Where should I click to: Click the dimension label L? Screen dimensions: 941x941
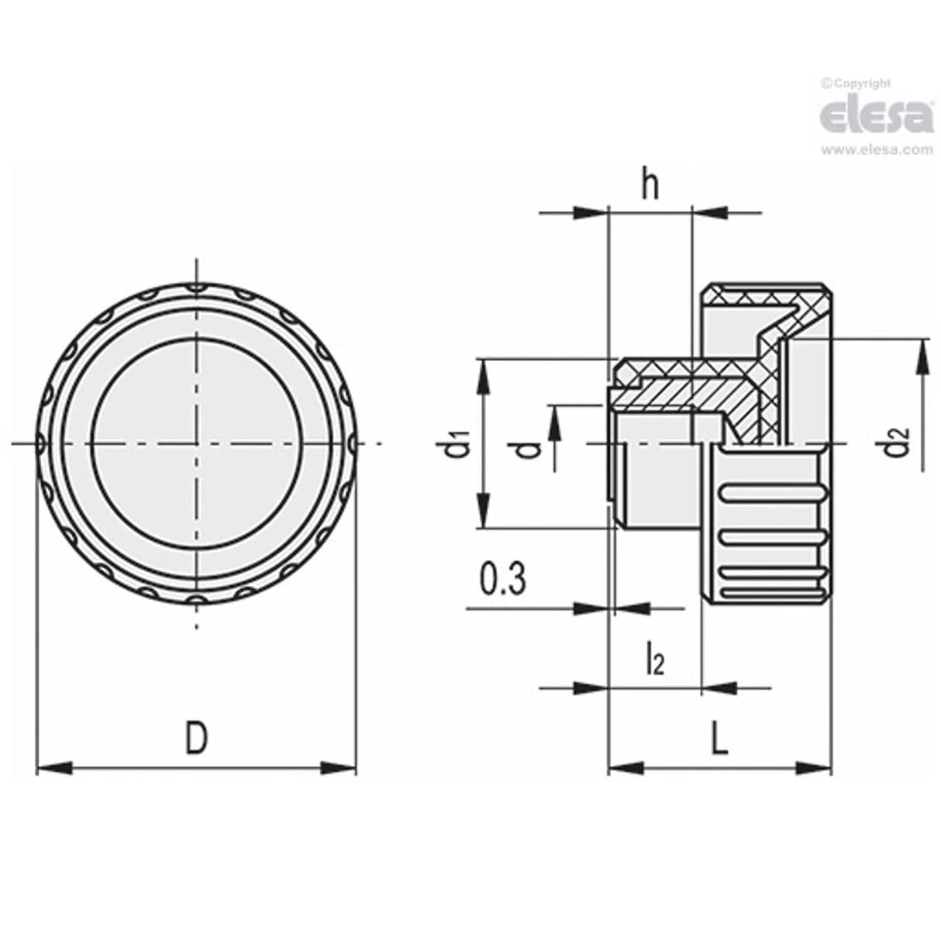coord(720,740)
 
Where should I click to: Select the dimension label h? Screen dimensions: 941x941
coord(650,185)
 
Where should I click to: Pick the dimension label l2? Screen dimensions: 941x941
coord(655,661)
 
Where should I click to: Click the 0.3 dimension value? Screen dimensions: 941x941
coord(502,581)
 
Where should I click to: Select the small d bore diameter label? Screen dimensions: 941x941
coord(529,448)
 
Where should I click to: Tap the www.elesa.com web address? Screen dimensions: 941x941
coord(877,150)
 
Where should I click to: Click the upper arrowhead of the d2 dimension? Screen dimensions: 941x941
coord(922,353)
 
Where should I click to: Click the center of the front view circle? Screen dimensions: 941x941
coord(197,443)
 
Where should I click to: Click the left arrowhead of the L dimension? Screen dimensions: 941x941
coord(625,769)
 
